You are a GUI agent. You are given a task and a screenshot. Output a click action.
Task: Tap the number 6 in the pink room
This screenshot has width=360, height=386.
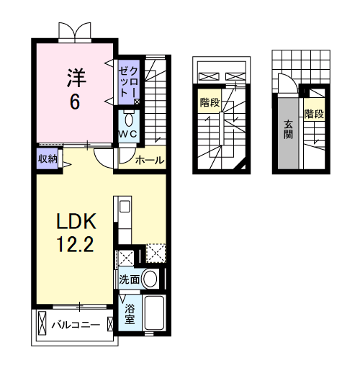click(74, 102)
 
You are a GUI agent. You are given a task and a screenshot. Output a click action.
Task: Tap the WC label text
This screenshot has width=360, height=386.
click(129, 134)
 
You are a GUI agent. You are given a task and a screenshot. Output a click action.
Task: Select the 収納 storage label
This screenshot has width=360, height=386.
click(48, 159)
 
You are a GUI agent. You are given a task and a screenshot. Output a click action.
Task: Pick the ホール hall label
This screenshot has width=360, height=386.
click(149, 160)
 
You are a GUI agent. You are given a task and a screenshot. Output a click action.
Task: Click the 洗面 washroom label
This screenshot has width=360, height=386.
click(129, 278)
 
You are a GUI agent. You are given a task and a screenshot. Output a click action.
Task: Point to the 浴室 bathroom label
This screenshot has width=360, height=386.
click(130, 313)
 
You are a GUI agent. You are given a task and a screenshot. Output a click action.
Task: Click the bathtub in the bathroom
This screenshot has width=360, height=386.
click(154, 313)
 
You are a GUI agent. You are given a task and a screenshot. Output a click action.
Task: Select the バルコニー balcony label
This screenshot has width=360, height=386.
click(75, 326)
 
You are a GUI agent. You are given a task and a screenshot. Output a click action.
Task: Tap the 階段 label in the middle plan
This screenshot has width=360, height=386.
click(210, 102)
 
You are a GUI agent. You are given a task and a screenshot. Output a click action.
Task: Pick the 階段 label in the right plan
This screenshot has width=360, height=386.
click(313, 113)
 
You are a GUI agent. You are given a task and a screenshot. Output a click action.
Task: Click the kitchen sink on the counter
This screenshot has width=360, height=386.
click(123, 207)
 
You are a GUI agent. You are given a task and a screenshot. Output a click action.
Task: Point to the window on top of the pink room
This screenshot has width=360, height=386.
click(76, 31)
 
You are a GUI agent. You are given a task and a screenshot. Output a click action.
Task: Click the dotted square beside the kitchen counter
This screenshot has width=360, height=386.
click(156, 254)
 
